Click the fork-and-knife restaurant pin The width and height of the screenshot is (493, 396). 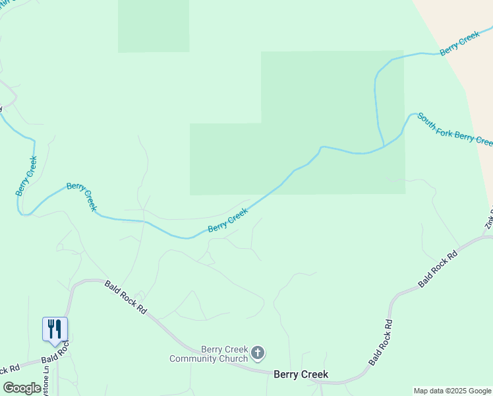pyautogui.click(x=55, y=329)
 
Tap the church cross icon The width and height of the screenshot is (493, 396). pyautogui.click(x=258, y=354)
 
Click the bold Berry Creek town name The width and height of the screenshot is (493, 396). pyautogui.click(x=301, y=374)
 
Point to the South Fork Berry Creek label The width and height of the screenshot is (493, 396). pyautogui.click(x=454, y=129)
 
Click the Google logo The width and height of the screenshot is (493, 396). pyautogui.click(x=22, y=388)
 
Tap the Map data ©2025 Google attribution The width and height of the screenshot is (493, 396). pyautogui.click(x=453, y=391)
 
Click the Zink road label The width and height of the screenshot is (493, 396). pyautogui.click(x=489, y=217)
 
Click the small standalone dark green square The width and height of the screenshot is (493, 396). pyautogui.click(x=154, y=26)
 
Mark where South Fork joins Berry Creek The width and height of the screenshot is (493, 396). pyautogui.click(x=383, y=146)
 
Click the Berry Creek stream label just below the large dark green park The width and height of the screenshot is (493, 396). pyautogui.click(x=228, y=220)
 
